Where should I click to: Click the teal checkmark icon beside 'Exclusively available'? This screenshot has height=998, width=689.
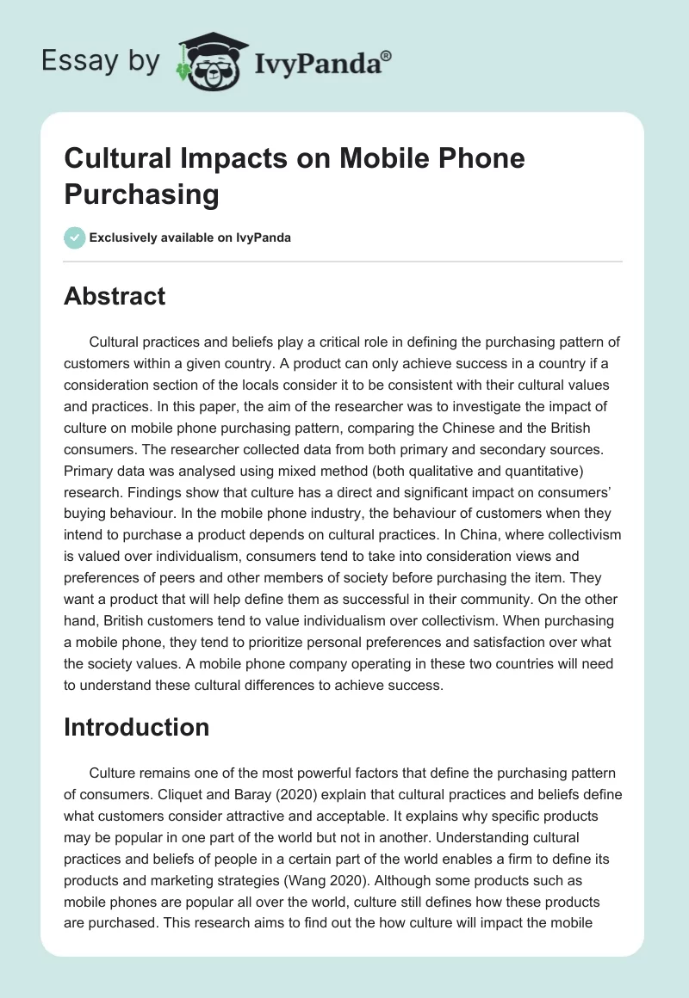75,237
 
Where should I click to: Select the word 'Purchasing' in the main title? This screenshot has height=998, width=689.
141,194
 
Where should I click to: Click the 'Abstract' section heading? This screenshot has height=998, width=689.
115,297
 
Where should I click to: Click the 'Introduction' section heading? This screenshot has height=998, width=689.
136,727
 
